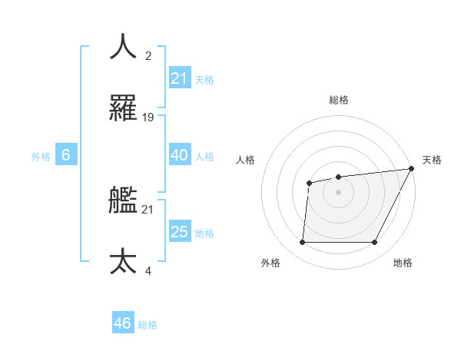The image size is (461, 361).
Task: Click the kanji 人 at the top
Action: click(x=124, y=46)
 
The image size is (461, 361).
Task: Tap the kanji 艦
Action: click(x=124, y=200)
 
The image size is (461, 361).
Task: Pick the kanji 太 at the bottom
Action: click(x=124, y=261)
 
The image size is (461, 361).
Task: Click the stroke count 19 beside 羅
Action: click(x=148, y=118)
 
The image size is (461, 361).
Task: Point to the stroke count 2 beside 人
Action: click(x=148, y=56)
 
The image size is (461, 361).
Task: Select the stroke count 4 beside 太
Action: click(x=148, y=271)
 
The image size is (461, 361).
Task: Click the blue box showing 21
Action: click(x=180, y=78)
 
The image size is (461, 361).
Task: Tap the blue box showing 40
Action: click(x=180, y=155)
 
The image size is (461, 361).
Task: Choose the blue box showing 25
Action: click(x=180, y=232)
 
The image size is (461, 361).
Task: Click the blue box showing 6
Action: click(x=66, y=155)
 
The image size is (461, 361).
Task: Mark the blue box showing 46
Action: click(x=123, y=323)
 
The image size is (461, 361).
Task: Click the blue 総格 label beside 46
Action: click(x=148, y=325)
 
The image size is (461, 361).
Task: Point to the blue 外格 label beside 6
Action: click(x=41, y=157)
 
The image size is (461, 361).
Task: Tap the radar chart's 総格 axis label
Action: click(x=339, y=100)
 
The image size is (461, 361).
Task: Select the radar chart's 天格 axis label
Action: click(x=433, y=160)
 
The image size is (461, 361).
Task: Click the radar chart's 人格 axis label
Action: click(x=245, y=160)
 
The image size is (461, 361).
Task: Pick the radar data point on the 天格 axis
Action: click(x=412, y=169)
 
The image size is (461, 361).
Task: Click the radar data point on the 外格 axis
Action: click(x=302, y=243)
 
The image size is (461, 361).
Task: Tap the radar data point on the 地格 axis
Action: click(x=375, y=243)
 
